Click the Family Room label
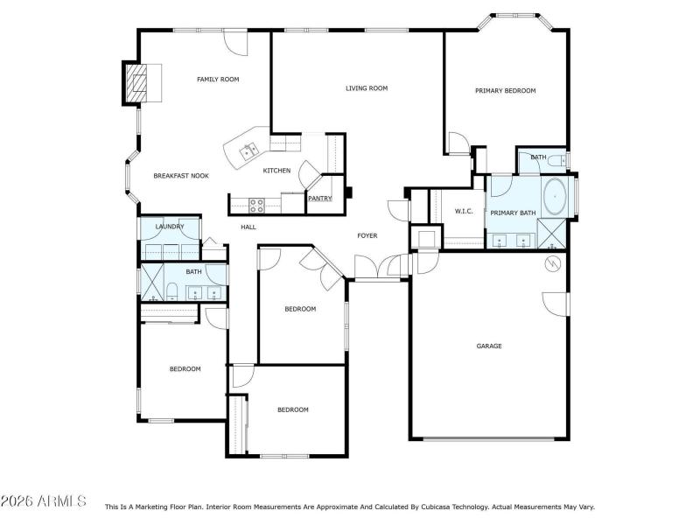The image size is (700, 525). tap(218, 80)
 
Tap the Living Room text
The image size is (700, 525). tap(366, 88)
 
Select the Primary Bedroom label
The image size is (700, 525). tap(505, 91)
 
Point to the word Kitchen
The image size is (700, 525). tap(276, 171)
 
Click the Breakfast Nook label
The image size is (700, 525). tap(181, 176)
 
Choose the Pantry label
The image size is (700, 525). tap(319, 199)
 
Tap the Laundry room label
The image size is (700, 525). tap(170, 227)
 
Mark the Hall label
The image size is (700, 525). tap(248, 227)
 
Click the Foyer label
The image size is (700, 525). tap(367, 236)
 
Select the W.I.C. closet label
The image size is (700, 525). tap(464, 212)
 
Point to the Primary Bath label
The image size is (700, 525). tap(513, 213)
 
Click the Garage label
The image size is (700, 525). tap(488, 346)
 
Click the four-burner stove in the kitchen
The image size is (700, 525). tap(257, 206)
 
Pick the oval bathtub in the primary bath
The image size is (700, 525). tap(555, 198)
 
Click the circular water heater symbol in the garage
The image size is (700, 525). tap(551, 263)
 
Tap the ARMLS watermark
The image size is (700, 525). tap(44, 501)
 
